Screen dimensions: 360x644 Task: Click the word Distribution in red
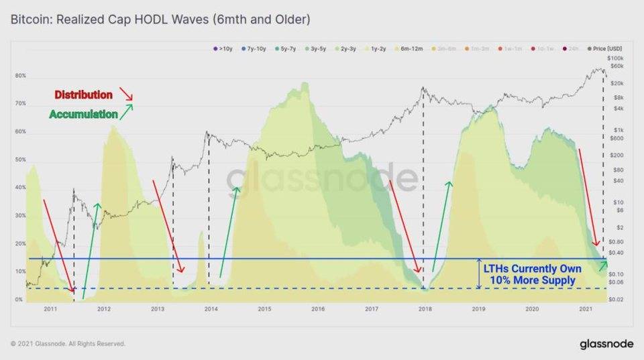pos(83,95)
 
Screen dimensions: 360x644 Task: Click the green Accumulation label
pos(83,115)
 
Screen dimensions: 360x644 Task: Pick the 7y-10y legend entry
pos(253,48)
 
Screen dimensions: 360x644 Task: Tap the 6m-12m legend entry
pos(411,48)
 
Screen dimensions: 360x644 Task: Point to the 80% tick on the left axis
pos(20,76)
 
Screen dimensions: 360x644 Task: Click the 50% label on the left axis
pos(20,160)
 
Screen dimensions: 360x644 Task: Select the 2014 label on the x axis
pos(211,309)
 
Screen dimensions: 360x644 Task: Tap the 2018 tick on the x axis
pos(425,309)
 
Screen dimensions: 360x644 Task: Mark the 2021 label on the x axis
pos(586,309)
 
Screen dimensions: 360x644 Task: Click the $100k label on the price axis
pos(615,59)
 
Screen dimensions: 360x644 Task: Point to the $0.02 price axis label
pos(616,299)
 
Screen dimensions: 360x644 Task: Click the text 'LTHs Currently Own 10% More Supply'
pos(533,274)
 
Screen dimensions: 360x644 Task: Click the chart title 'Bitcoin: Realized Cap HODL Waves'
pos(160,20)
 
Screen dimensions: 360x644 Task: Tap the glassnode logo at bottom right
pos(606,344)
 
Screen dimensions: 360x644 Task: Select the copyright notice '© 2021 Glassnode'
pos(68,344)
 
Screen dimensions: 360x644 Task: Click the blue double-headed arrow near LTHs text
pos(478,274)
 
